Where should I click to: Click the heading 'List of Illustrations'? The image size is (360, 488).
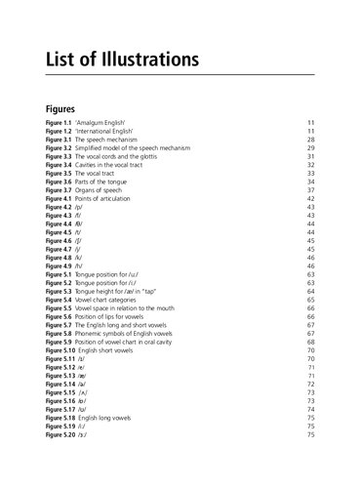(122, 58)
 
